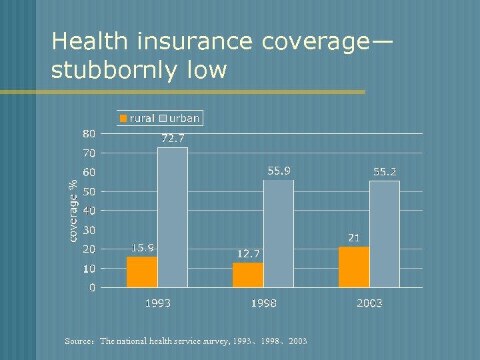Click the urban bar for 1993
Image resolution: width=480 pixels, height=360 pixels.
click(x=173, y=217)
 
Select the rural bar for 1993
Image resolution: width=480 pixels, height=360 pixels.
click(x=142, y=272)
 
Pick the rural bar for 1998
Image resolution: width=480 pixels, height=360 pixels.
click(x=248, y=275)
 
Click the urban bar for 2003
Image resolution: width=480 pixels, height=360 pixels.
click(x=385, y=234)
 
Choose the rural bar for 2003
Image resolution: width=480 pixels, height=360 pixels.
click(x=354, y=267)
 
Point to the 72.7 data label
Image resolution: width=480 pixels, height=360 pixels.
click(x=173, y=139)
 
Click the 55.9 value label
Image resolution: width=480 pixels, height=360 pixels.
click(x=279, y=171)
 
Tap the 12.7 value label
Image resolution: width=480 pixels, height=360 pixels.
click(x=249, y=254)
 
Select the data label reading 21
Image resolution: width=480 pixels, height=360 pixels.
click(x=354, y=237)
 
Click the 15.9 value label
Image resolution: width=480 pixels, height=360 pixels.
click(x=142, y=248)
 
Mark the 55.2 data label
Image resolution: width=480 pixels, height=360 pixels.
click(x=385, y=172)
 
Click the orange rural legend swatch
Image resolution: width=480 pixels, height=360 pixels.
click(x=123, y=119)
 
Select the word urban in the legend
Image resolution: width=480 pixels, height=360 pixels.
click(x=184, y=118)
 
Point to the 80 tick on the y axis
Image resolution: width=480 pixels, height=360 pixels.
click(x=89, y=133)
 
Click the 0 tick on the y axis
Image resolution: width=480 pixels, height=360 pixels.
click(x=92, y=288)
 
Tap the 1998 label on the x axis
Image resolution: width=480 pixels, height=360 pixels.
click(x=263, y=303)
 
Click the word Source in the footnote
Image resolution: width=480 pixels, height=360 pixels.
click(x=79, y=341)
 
